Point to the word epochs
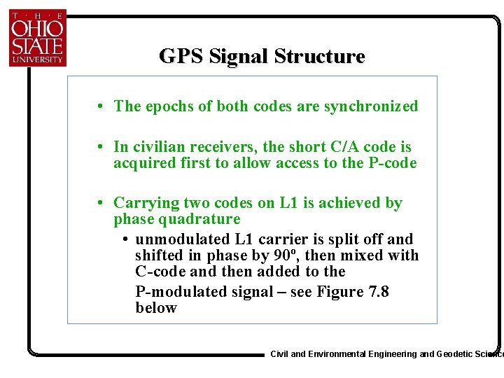[169, 106]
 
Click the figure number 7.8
[371, 291]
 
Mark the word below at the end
[156, 308]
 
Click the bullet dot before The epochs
[102, 107]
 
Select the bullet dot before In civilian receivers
[102, 148]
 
